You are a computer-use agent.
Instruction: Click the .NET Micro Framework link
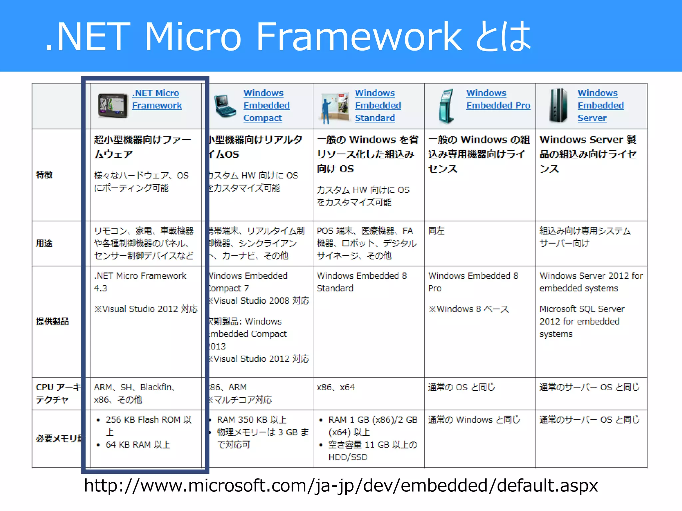[157, 99]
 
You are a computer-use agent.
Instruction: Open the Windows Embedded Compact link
[266, 105]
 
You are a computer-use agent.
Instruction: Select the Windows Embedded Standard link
[377, 105]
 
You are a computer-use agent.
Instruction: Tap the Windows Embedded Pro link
[498, 99]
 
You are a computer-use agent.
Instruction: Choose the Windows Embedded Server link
[600, 105]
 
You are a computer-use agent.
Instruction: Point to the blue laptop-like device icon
[225, 106]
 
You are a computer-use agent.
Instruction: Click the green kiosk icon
[446, 106]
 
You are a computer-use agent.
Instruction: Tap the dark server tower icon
[558, 105]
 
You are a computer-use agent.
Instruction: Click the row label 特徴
[44, 175]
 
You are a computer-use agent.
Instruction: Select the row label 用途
[44, 243]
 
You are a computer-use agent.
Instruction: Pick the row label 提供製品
[52, 321]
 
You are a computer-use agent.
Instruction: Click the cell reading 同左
[436, 231]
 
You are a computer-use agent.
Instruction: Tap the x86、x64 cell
[336, 387]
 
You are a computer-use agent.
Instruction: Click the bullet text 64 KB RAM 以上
[138, 445]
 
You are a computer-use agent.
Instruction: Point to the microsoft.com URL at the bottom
[341, 485]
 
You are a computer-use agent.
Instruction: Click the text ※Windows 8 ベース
[469, 309]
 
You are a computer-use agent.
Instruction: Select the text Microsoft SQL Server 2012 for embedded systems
[581, 321]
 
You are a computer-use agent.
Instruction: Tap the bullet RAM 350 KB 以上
[252, 420]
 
